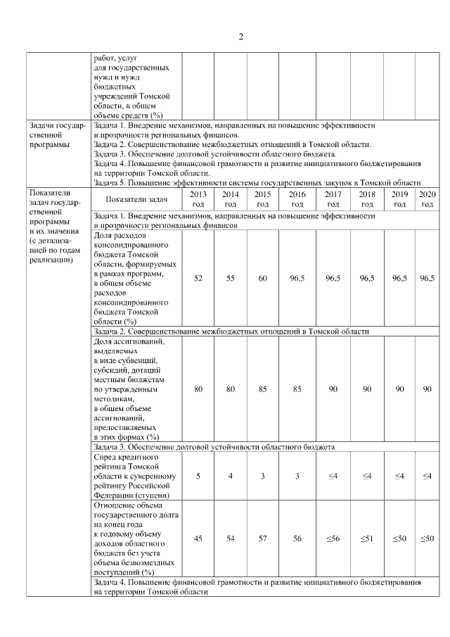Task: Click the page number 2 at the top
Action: (240, 37)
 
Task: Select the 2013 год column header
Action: (198, 198)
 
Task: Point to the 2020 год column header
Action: (426, 198)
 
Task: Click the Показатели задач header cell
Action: (136, 198)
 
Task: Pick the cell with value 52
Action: (198, 279)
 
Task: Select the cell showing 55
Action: (230, 279)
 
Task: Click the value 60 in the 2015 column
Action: (262, 279)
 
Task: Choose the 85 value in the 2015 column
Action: (262, 389)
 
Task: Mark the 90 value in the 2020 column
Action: (426, 389)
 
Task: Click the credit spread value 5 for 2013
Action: (198, 477)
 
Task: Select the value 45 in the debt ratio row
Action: (198, 538)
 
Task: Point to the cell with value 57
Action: (262, 538)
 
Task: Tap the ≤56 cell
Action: (333, 538)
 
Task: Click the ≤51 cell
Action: (366, 538)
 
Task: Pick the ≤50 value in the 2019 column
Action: (399, 538)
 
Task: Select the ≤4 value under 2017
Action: (333, 477)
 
